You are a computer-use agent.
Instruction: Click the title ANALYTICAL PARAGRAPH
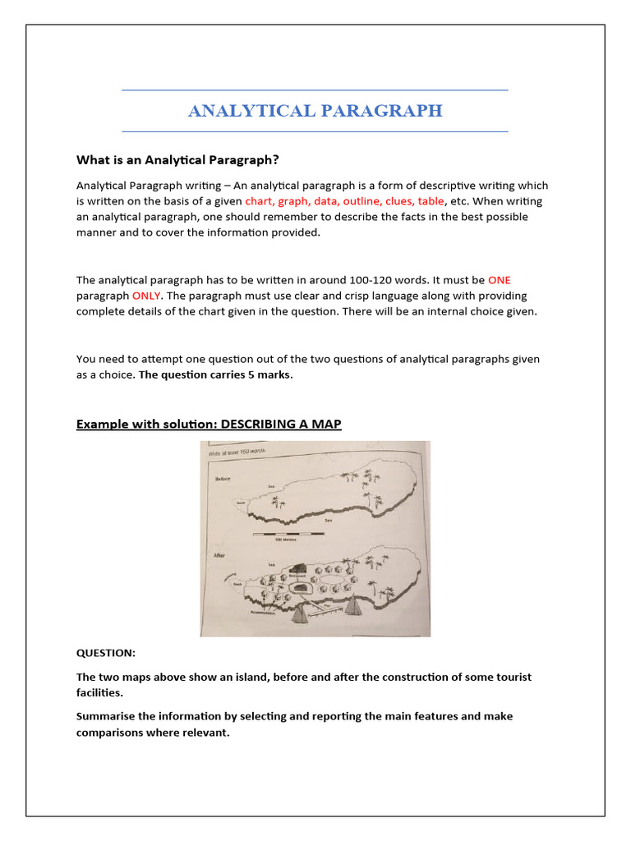(x=315, y=111)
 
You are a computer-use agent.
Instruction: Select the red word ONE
(x=499, y=280)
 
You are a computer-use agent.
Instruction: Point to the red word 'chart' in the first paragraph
(x=259, y=201)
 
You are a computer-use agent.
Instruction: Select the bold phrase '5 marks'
(x=268, y=375)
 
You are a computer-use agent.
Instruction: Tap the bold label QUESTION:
(x=106, y=653)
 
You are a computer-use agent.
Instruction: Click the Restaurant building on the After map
(x=297, y=569)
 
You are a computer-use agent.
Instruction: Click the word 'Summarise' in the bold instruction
(x=106, y=716)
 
